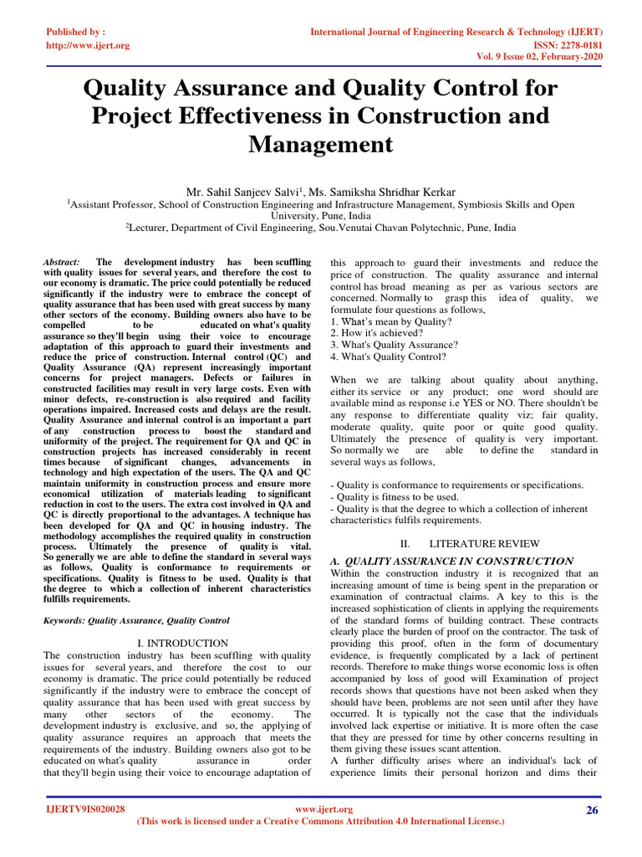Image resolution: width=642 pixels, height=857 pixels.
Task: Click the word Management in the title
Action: pyautogui.click(x=320, y=144)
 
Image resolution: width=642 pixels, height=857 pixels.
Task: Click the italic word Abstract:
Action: pyautogui.click(x=62, y=262)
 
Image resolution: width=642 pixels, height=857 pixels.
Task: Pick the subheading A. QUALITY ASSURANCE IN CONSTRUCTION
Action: pyautogui.click(x=451, y=561)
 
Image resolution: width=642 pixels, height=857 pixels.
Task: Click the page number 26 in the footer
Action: pyautogui.click(x=592, y=810)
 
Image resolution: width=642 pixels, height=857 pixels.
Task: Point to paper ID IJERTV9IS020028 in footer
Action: pyautogui.click(x=84, y=810)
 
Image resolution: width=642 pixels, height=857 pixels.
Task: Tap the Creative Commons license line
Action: pyautogui.click(x=320, y=822)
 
